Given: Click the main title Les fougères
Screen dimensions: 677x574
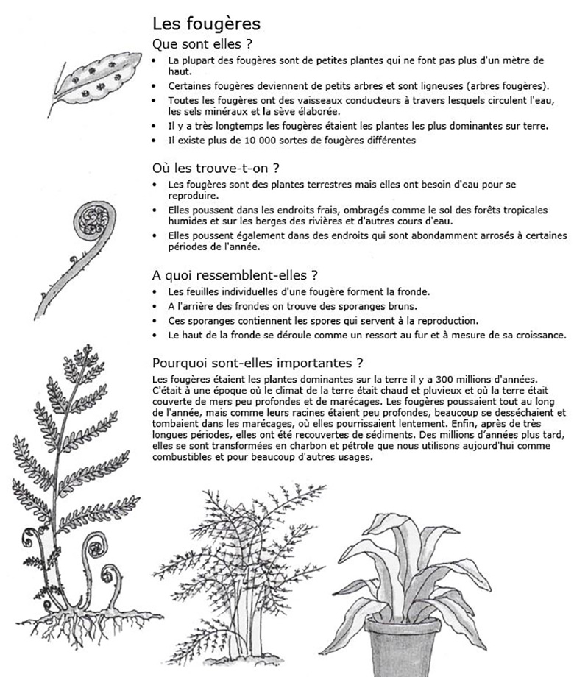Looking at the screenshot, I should pyautogui.click(x=205, y=24).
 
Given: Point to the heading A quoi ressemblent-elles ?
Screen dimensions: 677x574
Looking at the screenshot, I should pyautogui.click(x=235, y=276).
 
